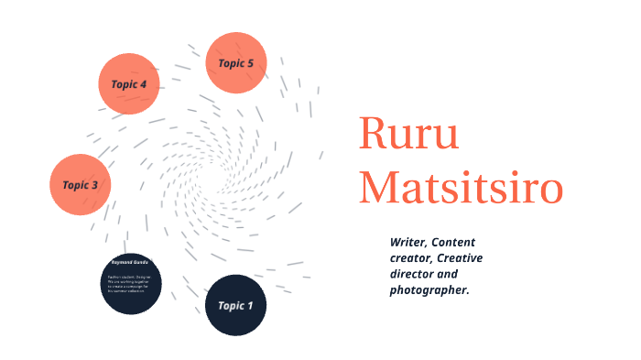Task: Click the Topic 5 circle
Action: click(236, 62)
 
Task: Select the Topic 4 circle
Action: click(129, 83)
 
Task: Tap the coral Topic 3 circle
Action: click(81, 184)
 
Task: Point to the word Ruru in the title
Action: click(409, 135)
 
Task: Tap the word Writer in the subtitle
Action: click(407, 241)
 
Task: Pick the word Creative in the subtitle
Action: click(465, 257)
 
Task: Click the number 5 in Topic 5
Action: click(250, 63)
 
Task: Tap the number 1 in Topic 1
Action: click(250, 305)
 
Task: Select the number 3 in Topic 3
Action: click(94, 185)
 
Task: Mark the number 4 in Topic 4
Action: click(143, 84)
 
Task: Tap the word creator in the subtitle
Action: click(410, 257)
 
